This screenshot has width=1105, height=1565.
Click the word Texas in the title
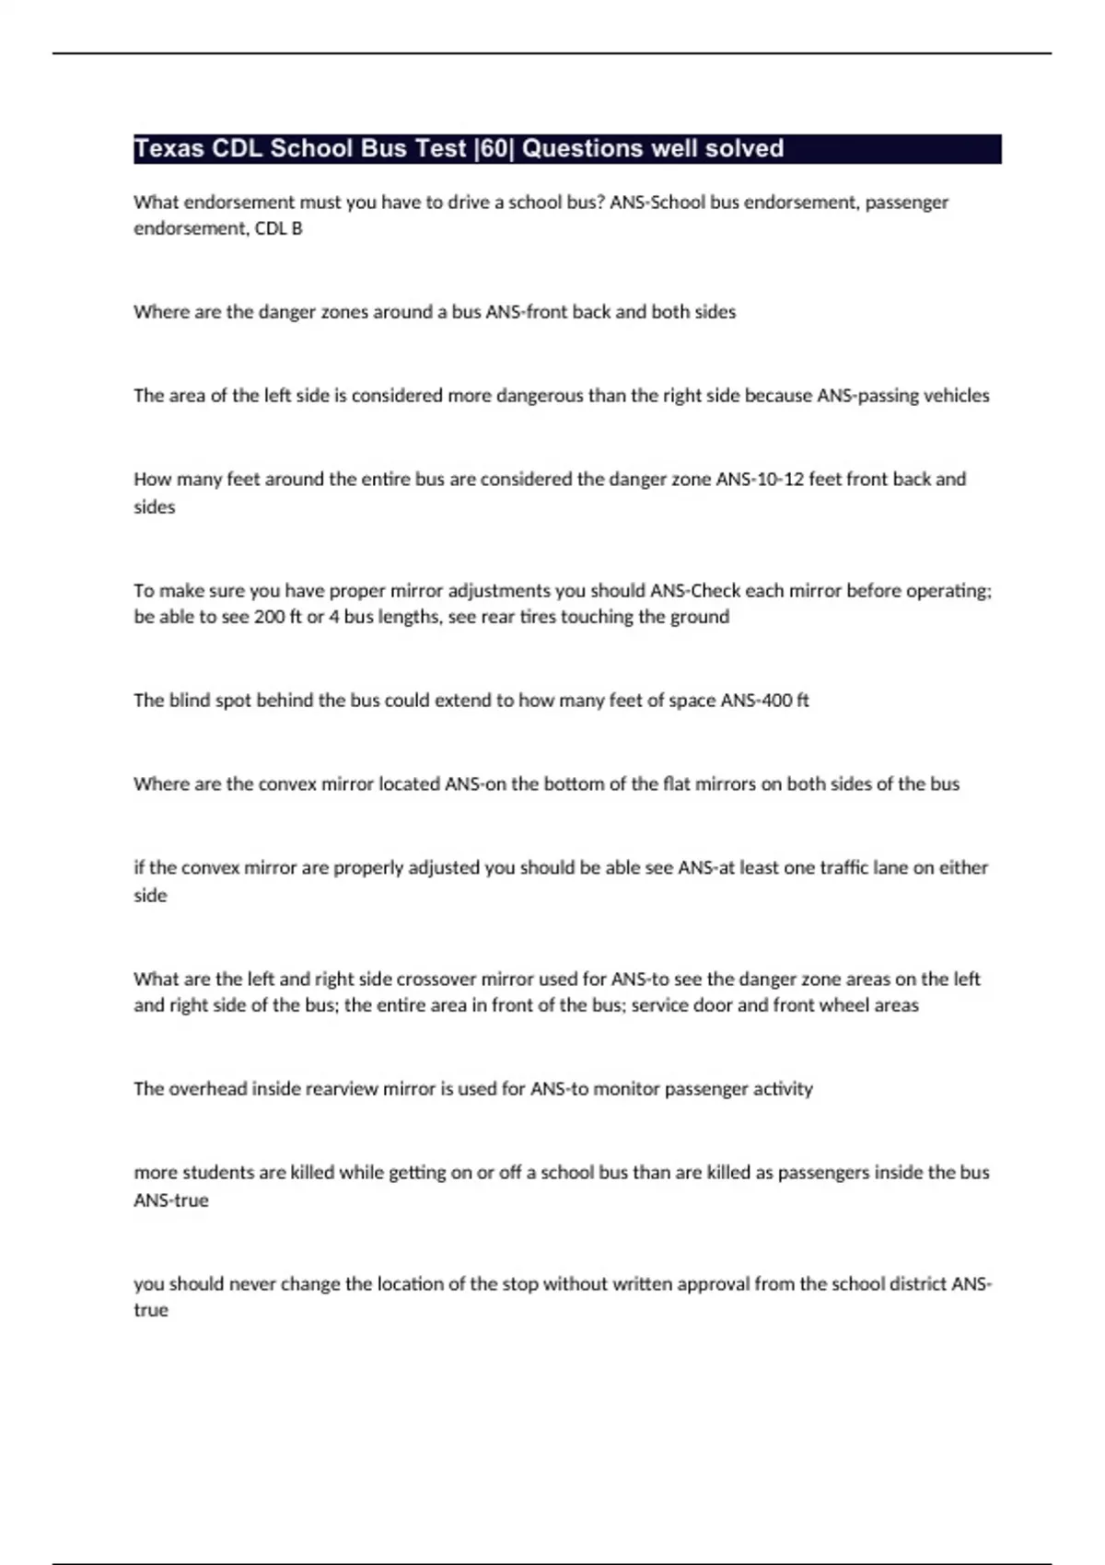(x=169, y=149)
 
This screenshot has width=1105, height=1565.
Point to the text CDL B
(x=278, y=228)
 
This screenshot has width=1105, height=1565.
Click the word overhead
(x=207, y=1089)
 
